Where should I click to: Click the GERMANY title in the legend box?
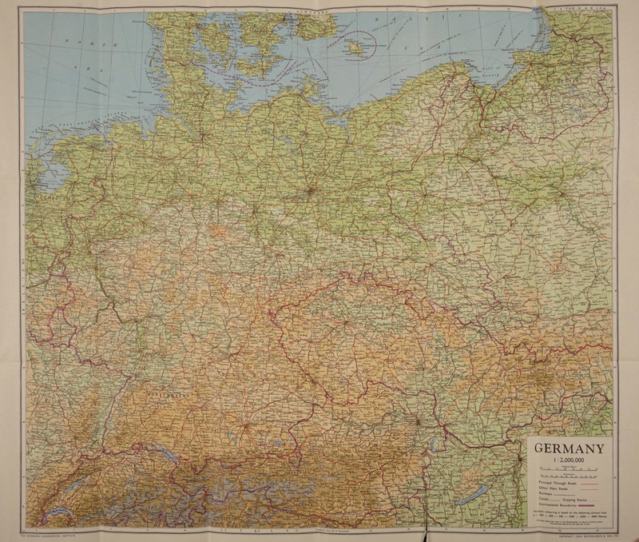(x=570, y=448)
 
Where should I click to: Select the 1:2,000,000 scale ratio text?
(x=570, y=460)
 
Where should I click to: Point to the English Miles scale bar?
(x=570, y=469)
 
